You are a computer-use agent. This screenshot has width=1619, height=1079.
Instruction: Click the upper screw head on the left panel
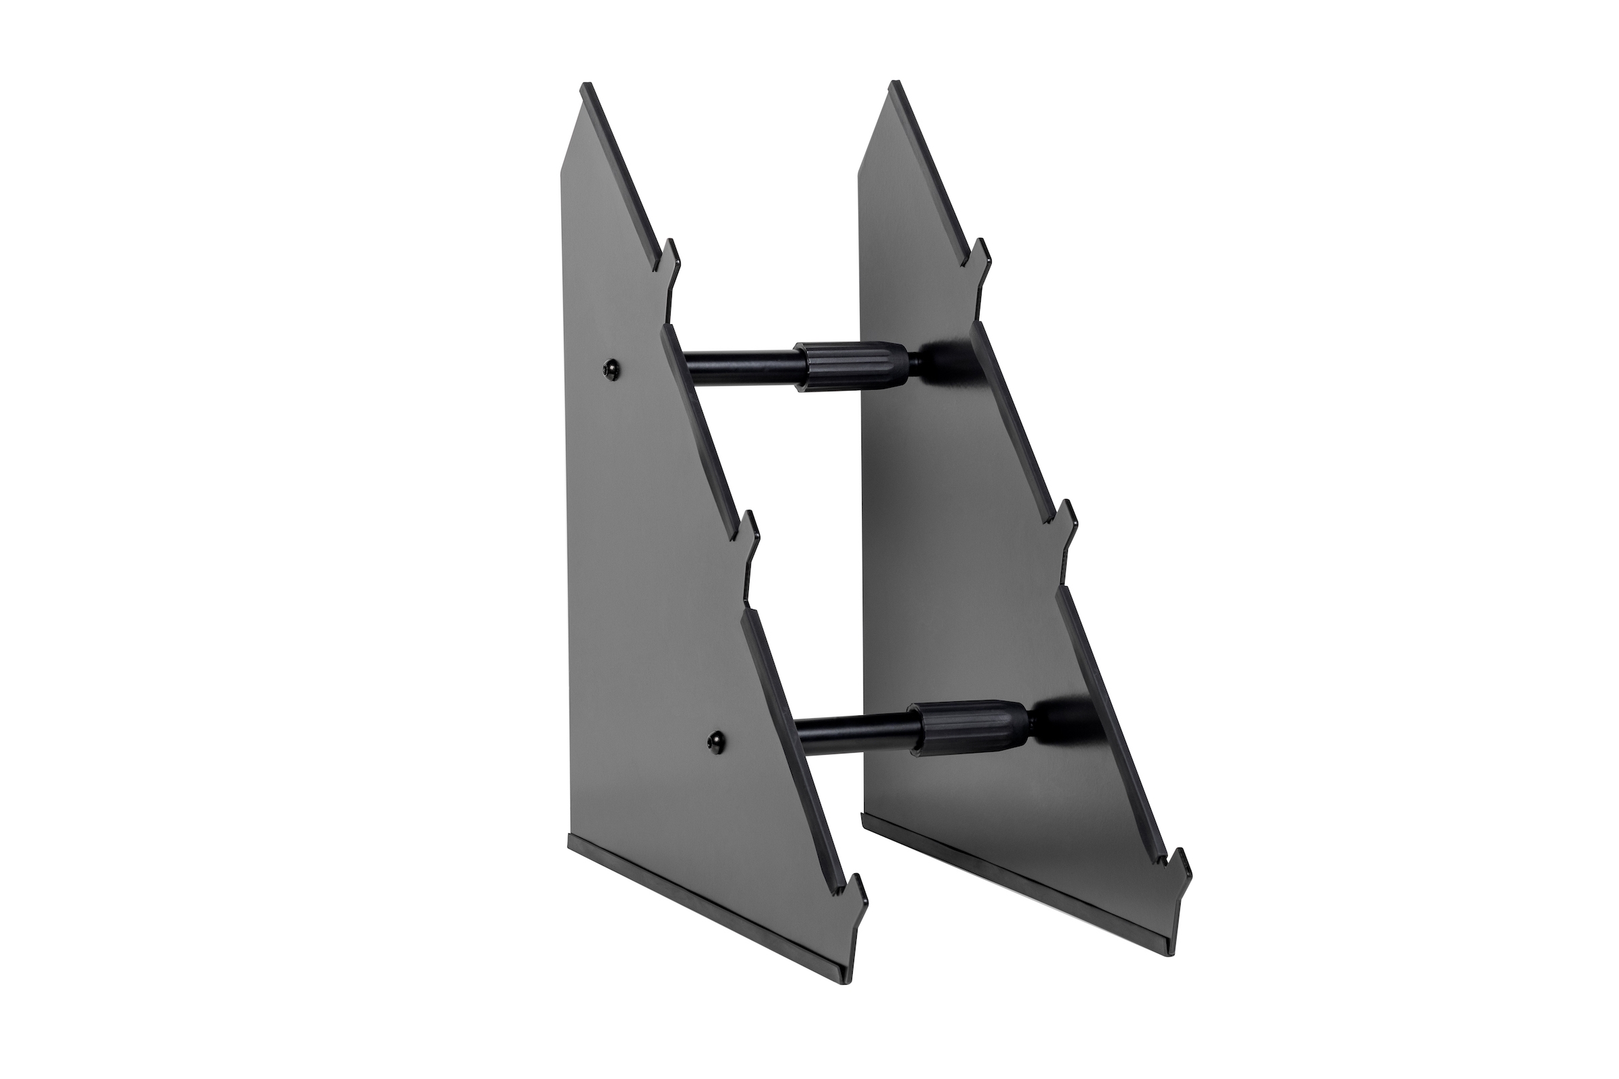[608, 370]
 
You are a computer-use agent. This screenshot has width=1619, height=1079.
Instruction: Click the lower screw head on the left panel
[716, 738]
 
